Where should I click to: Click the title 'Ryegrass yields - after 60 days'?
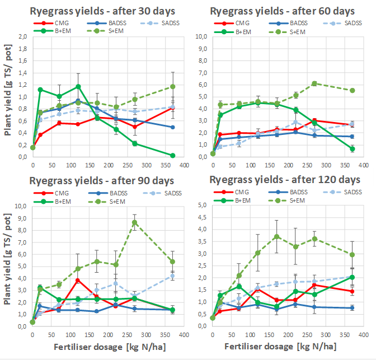pyautogui.click(x=282, y=11)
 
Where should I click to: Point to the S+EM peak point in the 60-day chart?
pyautogui.click(x=314, y=83)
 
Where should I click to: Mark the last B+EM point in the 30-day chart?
pyautogui.click(x=172, y=155)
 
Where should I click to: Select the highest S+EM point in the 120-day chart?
pyautogui.click(x=276, y=236)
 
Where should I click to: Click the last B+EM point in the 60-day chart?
pyautogui.click(x=352, y=148)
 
